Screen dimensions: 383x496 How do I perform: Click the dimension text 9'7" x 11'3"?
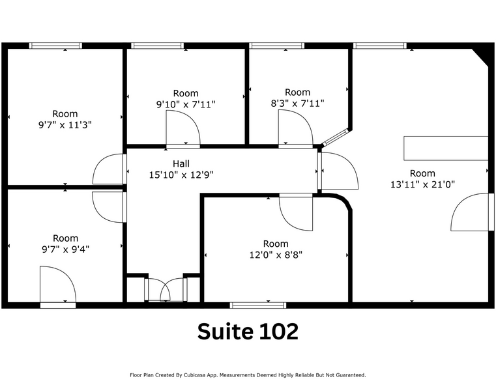[x=65, y=124]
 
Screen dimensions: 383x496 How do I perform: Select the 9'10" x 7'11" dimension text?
[x=186, y=104]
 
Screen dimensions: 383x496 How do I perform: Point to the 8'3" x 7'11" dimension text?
[x=297, y=103]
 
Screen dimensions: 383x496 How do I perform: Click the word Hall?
[x=182, y=163]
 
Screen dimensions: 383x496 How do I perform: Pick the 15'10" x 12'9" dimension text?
[x=182, y=175]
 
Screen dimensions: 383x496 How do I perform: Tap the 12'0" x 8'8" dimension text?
[x=275, y=255]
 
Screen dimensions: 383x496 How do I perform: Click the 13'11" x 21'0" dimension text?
[x=422, y=184]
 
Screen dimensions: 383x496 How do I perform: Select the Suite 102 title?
[x=248, y=332]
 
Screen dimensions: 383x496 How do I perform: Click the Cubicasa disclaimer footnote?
[x=248, y=375]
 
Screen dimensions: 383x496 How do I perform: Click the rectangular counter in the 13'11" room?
[x=446, y=148]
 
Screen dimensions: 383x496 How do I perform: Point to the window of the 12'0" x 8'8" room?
[x=258, y=304]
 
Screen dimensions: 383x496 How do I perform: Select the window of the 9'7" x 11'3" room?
[x=55, y=46]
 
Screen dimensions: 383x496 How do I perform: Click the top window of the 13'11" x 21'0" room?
[x=379, y=46]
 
